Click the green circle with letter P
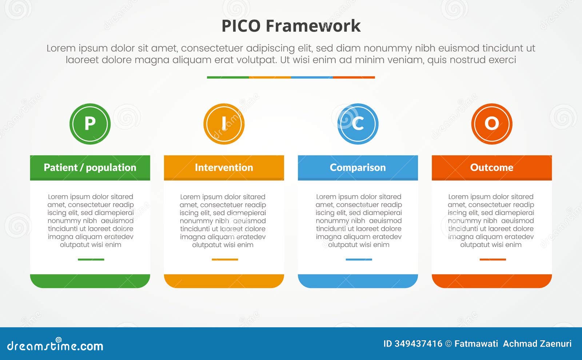point(90,124)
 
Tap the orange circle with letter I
point(224,124)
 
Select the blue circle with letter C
point(358,124)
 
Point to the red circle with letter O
point(492,124)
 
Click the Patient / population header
point(90,168)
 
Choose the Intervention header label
point(224,168)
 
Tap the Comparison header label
point(358,168)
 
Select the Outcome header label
point(492,168)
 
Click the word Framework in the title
point(313,26)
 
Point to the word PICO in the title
point(241,26)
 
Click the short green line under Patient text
point(91,260)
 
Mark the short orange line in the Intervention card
point(225,260)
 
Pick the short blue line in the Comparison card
point(359,260)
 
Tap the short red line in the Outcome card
point(493,260)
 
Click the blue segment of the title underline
point(312,77)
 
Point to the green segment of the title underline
point(228,77)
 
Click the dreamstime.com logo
point(55,345)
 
